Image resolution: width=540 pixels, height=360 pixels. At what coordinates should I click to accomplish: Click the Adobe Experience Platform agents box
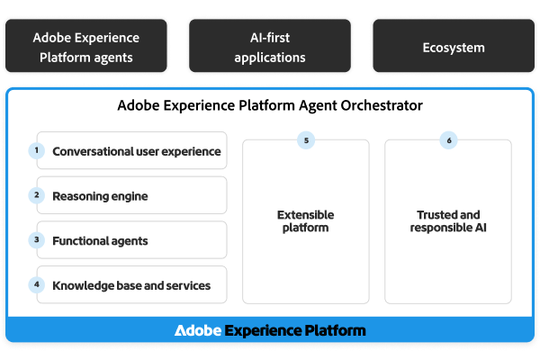(86, 48)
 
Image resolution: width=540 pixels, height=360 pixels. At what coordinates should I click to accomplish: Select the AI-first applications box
(270, 48)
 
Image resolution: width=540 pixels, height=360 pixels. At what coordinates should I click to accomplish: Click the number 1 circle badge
(37, 150)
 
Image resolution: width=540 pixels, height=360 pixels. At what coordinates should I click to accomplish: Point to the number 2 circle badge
(37, 194)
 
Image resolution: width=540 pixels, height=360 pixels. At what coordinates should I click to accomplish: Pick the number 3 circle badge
(37, 239)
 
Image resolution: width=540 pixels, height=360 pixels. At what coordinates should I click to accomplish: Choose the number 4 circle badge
(37, 284)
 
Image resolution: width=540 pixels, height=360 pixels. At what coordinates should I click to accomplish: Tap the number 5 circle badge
(307, 140)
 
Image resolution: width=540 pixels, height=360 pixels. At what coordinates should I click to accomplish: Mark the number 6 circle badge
(448, 140)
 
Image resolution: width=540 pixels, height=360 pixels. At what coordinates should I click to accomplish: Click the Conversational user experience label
(137, 151)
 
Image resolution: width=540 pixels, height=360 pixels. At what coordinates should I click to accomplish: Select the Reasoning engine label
(100, 195)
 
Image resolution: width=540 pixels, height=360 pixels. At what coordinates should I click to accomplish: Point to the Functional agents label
(100, 240)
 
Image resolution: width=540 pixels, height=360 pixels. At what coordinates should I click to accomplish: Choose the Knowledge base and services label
(131, 285)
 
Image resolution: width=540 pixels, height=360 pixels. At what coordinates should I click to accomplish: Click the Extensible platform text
(306, 221)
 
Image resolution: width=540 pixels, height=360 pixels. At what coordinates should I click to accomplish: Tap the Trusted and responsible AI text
(448, 221)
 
